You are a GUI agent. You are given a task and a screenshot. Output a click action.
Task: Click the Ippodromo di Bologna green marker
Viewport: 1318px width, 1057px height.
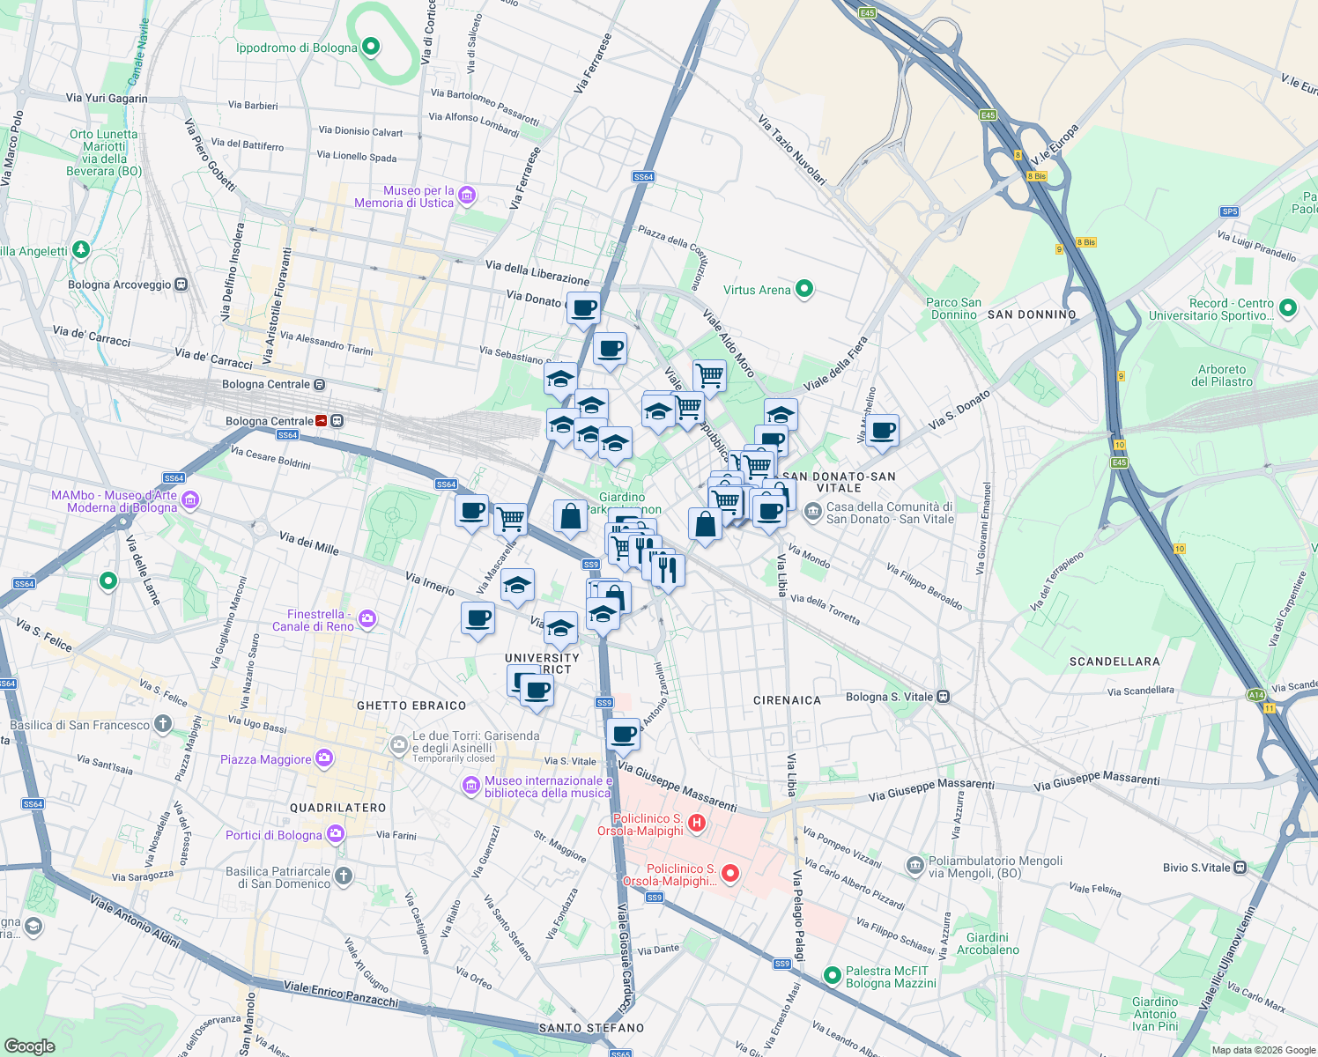tap(371, 47)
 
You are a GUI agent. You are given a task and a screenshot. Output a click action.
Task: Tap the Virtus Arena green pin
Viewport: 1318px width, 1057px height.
tap(803, 289)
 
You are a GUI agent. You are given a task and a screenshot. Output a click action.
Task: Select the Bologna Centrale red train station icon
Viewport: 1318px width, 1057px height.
tap(323, 421)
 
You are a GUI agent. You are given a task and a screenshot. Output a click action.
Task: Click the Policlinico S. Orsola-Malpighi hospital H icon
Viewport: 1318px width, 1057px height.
tap(696, 824)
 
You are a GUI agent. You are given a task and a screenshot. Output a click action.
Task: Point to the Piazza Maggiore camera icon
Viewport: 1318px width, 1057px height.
tap(324, 758)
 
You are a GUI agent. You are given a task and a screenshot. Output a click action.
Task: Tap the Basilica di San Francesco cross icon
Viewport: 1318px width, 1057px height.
tap(162, 724)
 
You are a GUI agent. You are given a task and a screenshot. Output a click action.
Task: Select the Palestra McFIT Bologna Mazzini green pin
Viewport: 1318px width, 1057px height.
tap(832, 975)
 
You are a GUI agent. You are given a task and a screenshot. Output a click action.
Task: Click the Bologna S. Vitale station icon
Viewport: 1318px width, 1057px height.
tap(944, 697)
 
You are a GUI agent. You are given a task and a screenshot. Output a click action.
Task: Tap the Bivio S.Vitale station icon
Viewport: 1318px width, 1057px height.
tap(1240, 868)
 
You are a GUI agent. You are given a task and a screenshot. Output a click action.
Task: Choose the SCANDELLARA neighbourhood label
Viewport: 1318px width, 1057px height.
tap(1114, 662)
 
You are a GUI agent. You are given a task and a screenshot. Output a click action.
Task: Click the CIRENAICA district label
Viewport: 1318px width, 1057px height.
tap(787, 700)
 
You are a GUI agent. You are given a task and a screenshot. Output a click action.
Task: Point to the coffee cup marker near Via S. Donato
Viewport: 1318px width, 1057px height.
tap(882, 431)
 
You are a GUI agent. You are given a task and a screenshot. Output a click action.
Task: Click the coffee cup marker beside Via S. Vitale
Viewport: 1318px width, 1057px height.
tap(623, 735)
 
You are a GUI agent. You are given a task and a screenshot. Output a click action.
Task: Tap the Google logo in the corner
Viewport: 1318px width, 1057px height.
tap(29, 1046)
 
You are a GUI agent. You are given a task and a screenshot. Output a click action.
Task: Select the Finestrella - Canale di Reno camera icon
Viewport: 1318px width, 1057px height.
tap(367, 619)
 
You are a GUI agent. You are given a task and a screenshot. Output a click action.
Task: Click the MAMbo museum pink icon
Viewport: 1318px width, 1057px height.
tap(190, 501)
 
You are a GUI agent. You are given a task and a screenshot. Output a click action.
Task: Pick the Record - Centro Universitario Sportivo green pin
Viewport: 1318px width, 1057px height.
tap(1288, 307)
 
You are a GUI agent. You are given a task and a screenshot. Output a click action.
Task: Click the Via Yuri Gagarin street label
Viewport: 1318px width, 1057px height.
tap(107, 99)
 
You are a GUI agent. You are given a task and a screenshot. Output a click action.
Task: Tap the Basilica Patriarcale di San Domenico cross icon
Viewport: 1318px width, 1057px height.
tap(344, 876)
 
